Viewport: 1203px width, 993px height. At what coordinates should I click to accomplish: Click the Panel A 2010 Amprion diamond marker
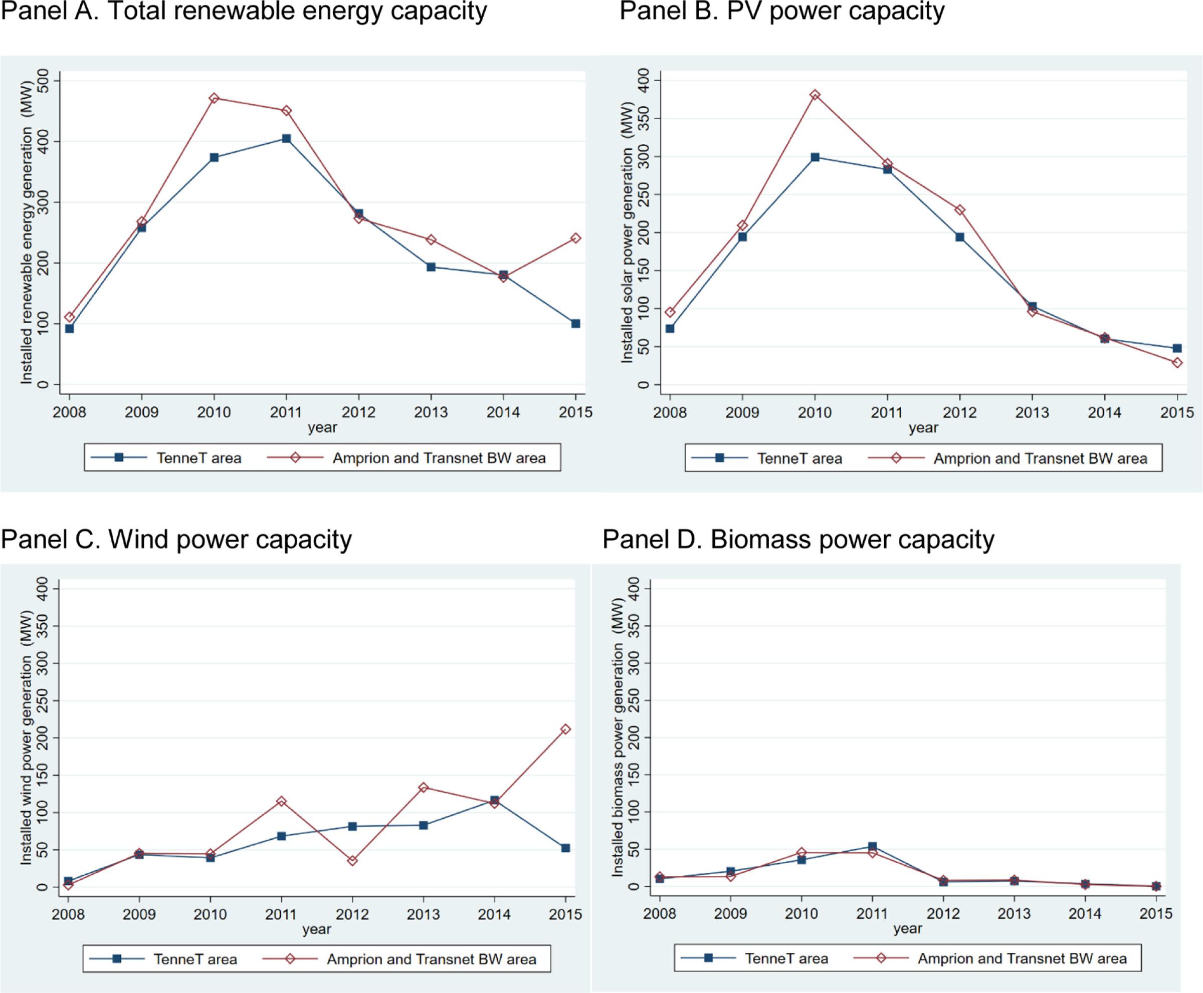(214, 98)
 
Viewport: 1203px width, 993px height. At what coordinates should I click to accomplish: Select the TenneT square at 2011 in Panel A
(286, 138)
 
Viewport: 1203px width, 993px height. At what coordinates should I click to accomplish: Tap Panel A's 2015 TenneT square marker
(576, 324)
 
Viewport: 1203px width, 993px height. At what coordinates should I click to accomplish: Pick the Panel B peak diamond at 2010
(815, 95)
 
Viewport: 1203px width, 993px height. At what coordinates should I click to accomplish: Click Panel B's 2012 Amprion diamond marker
(960, 210)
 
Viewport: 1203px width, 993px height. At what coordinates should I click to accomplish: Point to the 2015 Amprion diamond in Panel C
(565, 729)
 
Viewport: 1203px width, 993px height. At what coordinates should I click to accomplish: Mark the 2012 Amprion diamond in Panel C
(352, 860)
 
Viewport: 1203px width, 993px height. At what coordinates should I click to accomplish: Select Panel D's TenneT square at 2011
(872, 846)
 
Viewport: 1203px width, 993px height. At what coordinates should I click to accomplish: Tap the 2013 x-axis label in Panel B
(1032, 412)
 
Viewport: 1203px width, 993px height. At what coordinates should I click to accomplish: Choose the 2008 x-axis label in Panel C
(68, 914)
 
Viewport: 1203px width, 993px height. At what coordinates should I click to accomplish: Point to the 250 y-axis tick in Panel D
(634, 701)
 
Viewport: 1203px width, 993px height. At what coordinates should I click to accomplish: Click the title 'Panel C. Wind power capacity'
(176, 540)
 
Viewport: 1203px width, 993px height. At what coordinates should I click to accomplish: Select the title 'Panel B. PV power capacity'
(782, 12)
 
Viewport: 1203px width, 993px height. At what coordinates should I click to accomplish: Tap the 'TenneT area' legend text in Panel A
(198, 458)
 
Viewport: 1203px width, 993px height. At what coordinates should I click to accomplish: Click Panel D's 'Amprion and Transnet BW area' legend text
(1022, 958)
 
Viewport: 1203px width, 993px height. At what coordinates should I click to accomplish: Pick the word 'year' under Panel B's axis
(923, 428)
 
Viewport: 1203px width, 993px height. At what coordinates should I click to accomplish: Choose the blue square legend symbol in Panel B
(720, 458)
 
